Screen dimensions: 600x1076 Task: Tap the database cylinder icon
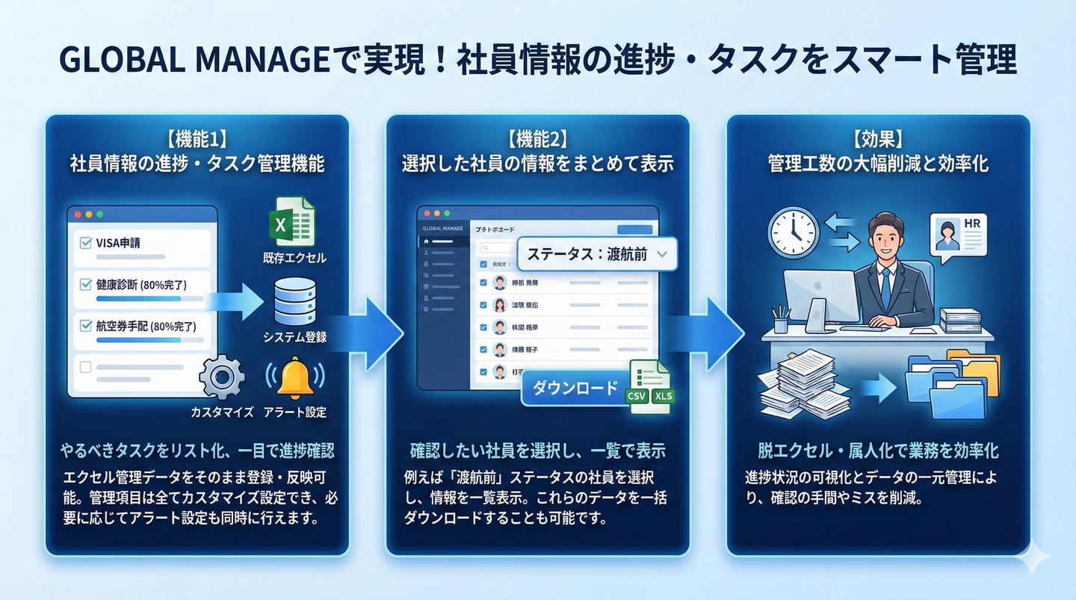pyautogui.click(x=294, y=300)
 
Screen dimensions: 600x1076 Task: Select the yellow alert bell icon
pyautogui.click(x=295, y=377)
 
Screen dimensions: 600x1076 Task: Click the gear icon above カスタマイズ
pyautogui.click(x=222, y=377)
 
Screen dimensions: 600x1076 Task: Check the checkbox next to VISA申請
pyautogui.click(x=85, y=243)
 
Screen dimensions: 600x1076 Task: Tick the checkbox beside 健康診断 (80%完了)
pyautogui.click(x=85, y=285)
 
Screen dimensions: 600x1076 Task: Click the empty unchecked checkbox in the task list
pyautogui.click(x=85, y=367)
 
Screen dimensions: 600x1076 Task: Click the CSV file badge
pyautogui.click(x=637, y=396)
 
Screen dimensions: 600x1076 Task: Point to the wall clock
pyautogui.click(x=794, y=232)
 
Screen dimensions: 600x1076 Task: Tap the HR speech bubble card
pyautogui.click(x=958, y=234)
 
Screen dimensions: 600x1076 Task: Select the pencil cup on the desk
pyautogui.click(x=781, y=321)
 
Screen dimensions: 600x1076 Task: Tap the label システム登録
pyautogui.click(x=294, y=337)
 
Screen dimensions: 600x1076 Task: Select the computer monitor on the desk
pyautogui.click(x=820, y=296)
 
